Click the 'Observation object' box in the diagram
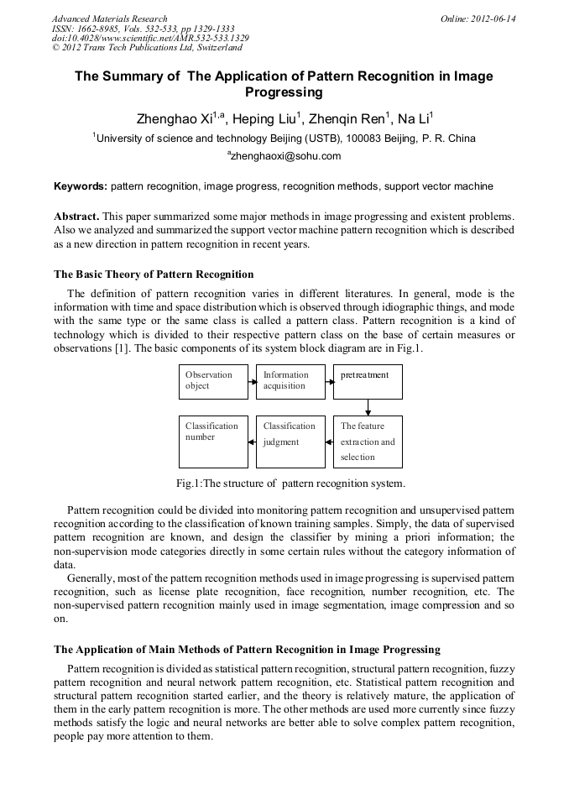pyautogui.click(x=213, y=381)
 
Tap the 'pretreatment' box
pyautogui.click(x=368, y=381)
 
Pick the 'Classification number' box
pyautogui.click(x=213, y=442)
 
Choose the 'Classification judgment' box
pyautogui.click(x=290, y=442)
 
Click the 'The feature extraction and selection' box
pyautogui.click(x=368, y=442)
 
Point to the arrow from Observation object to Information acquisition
pyautogui.click(x=252, y=381)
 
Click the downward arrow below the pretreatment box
pyautogui.click(x=368, y=407)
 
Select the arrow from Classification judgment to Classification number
pyautogui.click(x=252, y=442)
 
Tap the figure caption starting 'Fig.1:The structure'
pyautogui.click(x=290, y=484)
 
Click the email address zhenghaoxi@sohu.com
pyautogui.click(x=284, y=156)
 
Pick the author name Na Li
pyautogui.click(x=414, y=118)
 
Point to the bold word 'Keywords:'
pyautogui.click(x=81, y=186)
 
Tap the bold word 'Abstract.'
pyautogui.click(x=77, y=217)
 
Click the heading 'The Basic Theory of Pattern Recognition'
pyautogui.click(x=154, y=274)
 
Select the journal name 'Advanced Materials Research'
pyautogui.click(x=110, y=18)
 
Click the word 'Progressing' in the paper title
pyautogui.click(x=284, y=92)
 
